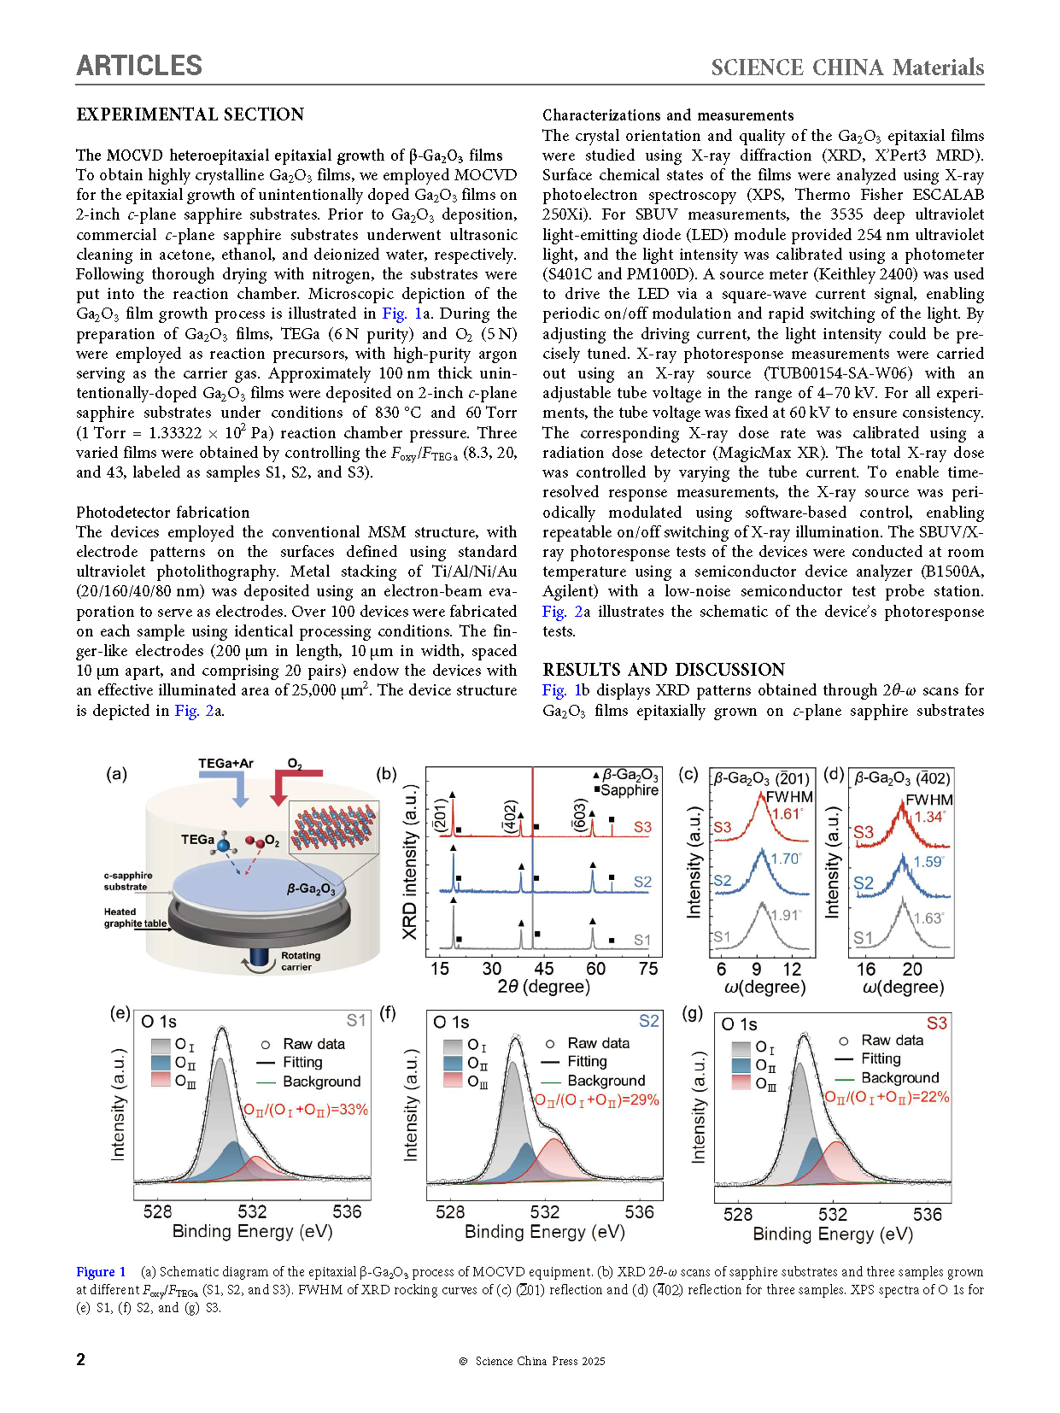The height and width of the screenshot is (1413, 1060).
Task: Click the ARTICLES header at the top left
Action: pyautogui.click(x=139, y=66)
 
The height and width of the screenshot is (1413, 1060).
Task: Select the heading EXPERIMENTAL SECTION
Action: pyautogui.click(x=190, y=114)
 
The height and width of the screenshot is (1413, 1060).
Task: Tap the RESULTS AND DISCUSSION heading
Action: pyautogui.click(x=663, y=670)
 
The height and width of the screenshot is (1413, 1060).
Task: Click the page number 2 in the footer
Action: pyautogui.click(x=81, y=1359)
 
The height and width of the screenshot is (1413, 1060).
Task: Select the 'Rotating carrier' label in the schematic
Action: pyautogui.click(x=300, y=961)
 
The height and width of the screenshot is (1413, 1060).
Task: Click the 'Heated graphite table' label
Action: pyautogui.click(x=134, y=918)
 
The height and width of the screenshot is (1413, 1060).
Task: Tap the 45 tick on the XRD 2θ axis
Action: pyautogui.click(x=543, y=969)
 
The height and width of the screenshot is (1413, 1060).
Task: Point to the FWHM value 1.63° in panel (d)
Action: pyautogui.click(x=928, y=918)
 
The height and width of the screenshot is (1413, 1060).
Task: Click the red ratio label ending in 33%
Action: pyautogui.click(x=306, y=1110)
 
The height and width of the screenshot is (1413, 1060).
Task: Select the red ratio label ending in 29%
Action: pyautogui.click(x=597, y=1100)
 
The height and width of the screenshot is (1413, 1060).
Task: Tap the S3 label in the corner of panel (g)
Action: pyautogui.click(x=936, y=1023)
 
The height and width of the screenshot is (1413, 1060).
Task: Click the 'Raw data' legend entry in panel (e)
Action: pyautogui.click(x=313, y=1044)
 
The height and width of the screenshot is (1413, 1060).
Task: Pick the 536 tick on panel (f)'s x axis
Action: pyautogui.click(x=639, y=1211)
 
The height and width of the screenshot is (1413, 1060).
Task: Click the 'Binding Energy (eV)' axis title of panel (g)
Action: pyautogui.click(x=832, y=1234)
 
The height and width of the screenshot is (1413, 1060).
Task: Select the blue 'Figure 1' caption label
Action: pyautogui.click(x=101, y=1272)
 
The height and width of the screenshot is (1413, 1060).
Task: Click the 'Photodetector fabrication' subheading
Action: pyautogui.click(x=162, y=513)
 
